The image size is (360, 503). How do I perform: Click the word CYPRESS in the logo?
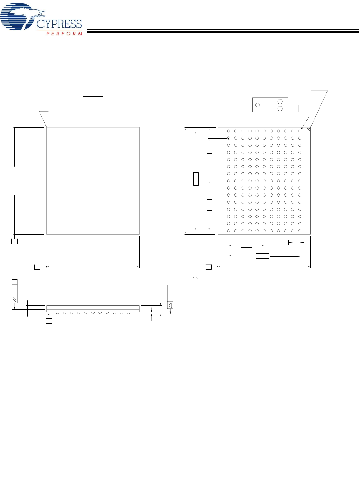tap(59, 24)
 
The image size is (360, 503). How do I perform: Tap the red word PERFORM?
tap(64, 34)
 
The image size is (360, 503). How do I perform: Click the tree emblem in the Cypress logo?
tap(22, 16)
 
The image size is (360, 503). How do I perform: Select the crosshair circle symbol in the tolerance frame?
tap(258, 105)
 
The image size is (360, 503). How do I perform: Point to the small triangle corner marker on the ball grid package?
tap(309, 129)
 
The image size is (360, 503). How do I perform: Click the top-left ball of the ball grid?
tap(228, 131)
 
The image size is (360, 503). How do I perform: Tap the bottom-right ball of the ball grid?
tap(300, 231)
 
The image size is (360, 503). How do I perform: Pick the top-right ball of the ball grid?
tap(300, 131)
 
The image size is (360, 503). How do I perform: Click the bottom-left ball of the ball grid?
tap(228, 231)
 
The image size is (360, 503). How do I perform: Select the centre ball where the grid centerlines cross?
tap(264, 181)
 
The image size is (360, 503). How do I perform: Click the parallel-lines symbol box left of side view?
tap(15, 300)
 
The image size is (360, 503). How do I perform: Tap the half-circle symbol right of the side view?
tap(170, 305)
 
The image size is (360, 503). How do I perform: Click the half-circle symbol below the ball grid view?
tap(195, 278)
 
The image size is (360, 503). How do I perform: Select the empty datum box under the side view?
tap(49, 321)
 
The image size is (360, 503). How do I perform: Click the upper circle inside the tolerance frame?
tap(280, 101)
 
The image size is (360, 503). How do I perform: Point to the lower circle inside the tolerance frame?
tap(280, 109)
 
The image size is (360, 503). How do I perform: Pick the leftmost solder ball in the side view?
tap(57, 313)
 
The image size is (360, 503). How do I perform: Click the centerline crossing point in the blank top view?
tap(93, 181)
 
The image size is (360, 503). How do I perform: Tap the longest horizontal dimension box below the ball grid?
tap(263, 256)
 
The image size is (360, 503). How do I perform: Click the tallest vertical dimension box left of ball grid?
tap(196, 179)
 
